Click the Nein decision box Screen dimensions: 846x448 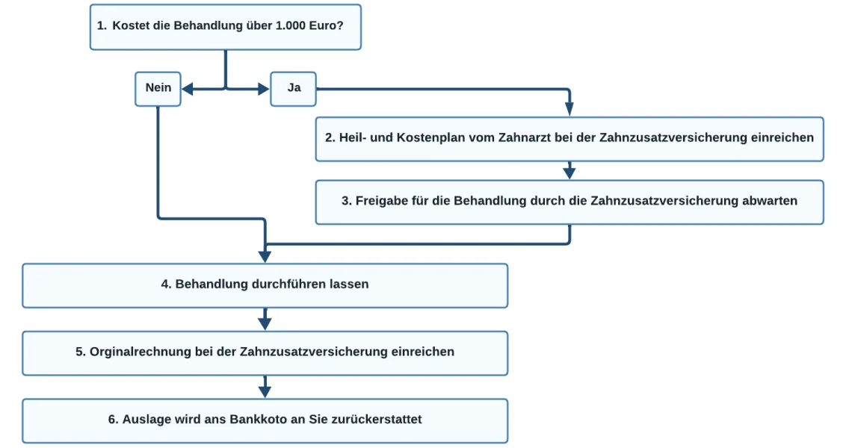tap(158, 89)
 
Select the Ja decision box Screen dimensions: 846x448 tap(294, 89)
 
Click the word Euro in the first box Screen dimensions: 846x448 tap(327, 26)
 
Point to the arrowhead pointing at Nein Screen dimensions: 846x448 tap(188, 89)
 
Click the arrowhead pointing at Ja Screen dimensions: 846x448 tap(264, 89)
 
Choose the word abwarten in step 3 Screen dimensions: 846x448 tap(770, 201)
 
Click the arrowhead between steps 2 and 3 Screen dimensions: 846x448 tap(569, 173)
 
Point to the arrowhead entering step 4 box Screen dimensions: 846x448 tap(265, 256)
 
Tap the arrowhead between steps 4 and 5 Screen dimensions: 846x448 tap(265, 323)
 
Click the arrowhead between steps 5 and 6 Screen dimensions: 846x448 tap(265, 391)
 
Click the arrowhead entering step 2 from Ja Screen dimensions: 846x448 tap(569, 110)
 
